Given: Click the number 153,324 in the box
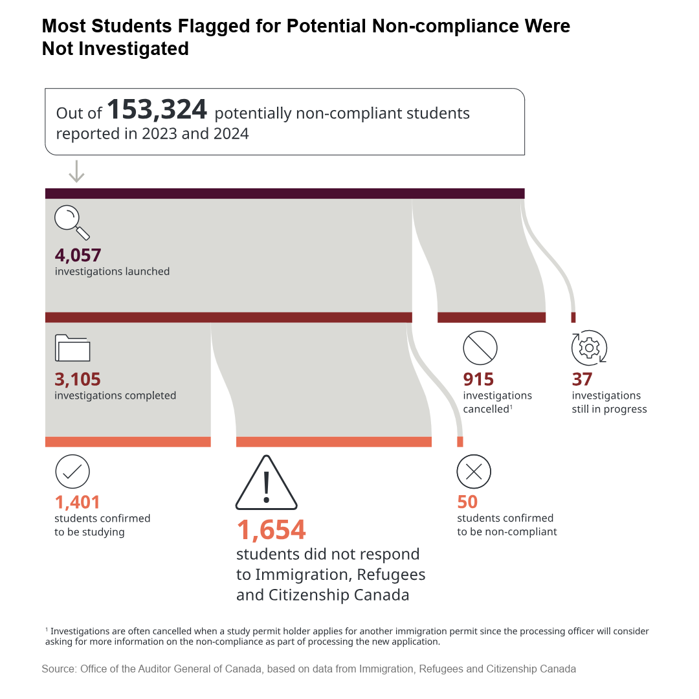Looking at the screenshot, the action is (x=157, y=109).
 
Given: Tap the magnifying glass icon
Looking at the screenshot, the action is (x=72, y=223).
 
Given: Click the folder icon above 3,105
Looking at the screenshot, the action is (x=72, y=348).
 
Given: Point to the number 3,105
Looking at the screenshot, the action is (x=78, y=379).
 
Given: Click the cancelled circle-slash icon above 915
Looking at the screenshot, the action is (x=480, y=348).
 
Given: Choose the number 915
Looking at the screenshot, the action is (x=478, y=379).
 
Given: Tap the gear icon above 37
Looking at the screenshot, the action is (x=590, y=348).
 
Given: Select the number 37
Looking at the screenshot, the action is (x=582, y=379).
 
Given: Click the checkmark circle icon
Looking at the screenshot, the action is (x=72, y=472).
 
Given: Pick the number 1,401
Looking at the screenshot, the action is (x=77, y=502).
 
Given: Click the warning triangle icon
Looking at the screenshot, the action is (x=267, y=483).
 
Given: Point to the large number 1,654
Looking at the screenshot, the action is (x=271, y=530).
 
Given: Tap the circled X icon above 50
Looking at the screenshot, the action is (x=474, y=472).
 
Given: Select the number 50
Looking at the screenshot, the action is (x=467, y=502).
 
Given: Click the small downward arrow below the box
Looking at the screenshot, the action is (x=76, y=171).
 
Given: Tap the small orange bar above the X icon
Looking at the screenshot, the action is (x=460, y=442).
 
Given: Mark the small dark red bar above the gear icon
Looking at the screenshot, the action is (x=573, y=317).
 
